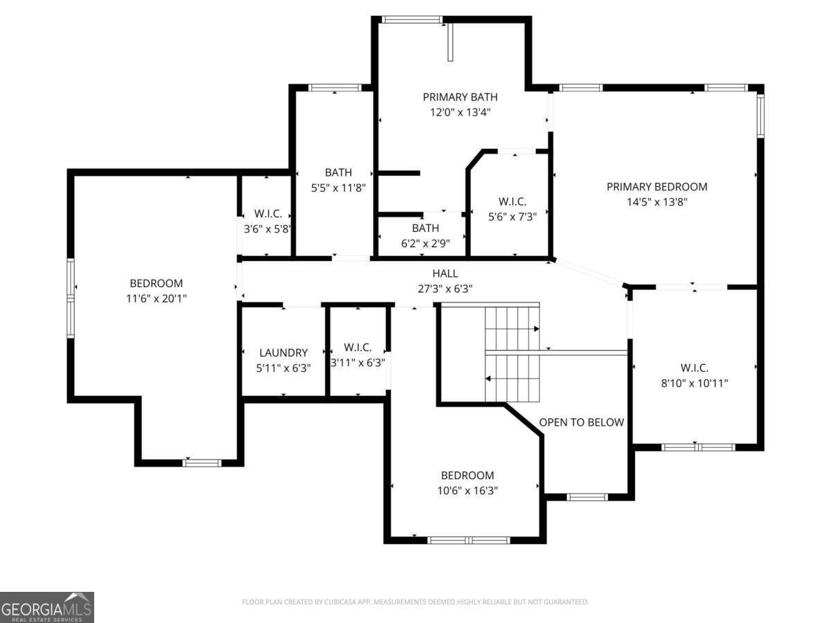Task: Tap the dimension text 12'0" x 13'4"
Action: (460, 112)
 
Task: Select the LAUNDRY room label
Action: (283, 353)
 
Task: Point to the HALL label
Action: (445, 273)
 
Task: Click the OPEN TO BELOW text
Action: (581, 422)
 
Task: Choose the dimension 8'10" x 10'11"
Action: (694, 383)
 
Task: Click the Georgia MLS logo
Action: (47, 607)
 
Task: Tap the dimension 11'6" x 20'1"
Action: (156, 298)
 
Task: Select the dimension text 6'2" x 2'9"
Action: (425, 243)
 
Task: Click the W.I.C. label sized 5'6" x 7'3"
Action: (512, 201)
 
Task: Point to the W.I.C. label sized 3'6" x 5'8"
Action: (267, 213)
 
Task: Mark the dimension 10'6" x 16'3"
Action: (467, 490)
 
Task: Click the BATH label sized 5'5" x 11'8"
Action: (338, 172)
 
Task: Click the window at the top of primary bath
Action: (413, 19)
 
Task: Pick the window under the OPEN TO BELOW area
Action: (587, 496)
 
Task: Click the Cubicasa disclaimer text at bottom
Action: (415, 602)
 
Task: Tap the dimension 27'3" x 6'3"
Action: (445, 289)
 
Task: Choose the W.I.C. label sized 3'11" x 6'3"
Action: (357, 347)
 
